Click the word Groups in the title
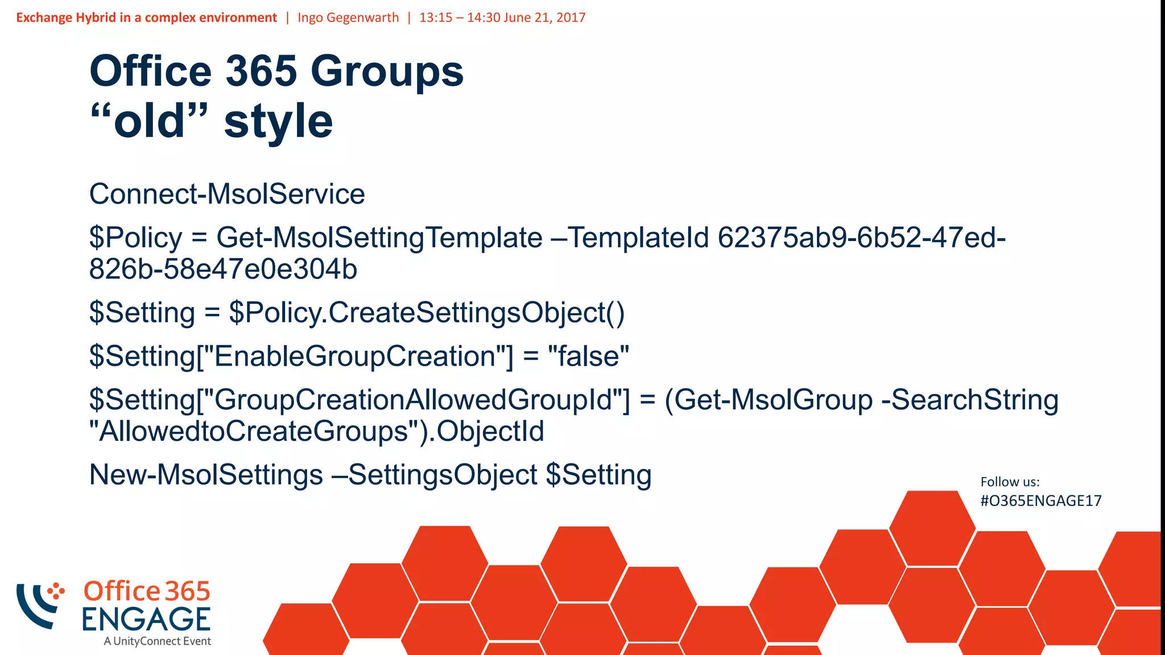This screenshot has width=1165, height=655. pyautogui.click(x=387, y=72)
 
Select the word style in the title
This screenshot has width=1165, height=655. pyautogui.click(x=278, y=121)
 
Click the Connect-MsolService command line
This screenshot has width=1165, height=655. pyautogui.click(x=227, y=194)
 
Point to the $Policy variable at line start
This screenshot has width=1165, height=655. pyautogui.click(x=135, y=238)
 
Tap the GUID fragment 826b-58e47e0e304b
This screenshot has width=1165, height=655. pyautogui.click(x=223, y=269)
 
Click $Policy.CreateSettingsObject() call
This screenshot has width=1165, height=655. pyautogui.click(x=427, y=313)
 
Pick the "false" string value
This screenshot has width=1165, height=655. pyautogui.click(x=588, y=356)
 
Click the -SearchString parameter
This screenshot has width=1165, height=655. pyautogui.click(x=969, y=400)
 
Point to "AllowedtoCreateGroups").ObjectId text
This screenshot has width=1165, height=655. pyautogui.click(x=316, y=431)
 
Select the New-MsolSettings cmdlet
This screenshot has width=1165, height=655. pyautogui.click(x=206, y=475)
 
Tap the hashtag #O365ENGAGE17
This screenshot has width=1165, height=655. pyautogui.click(x=1040, y=501)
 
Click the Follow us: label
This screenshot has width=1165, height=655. pyautogui.click(x=1010, y=482)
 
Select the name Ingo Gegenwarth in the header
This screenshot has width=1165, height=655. pyautogui.click(x=348, y=18)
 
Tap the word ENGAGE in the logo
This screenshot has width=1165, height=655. pyautogui.click(x=146, y=619)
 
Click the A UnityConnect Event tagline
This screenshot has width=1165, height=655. pyautogui.click(x=157, y=641)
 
